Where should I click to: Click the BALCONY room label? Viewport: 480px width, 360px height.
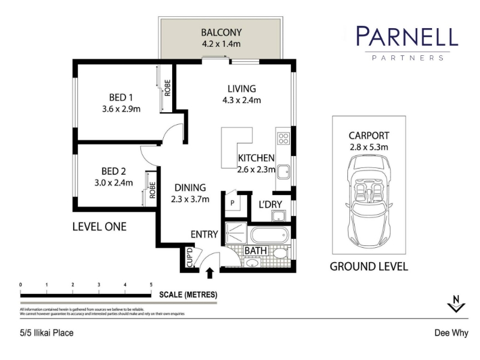pos(221,32)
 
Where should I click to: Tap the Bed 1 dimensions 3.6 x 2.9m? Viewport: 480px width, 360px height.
pos(121,109)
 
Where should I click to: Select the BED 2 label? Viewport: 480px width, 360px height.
pos(113,171)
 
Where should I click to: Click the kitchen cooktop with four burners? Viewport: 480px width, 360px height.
pos(283,138)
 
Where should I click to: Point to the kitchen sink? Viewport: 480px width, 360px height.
pos(283,172)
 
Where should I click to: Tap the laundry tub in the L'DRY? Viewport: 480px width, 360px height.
pos(278,216)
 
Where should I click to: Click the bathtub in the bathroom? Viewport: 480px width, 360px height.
pos(269,236)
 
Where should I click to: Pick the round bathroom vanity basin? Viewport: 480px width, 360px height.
pos(252,263)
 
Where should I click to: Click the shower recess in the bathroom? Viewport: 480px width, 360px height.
pos(236,233)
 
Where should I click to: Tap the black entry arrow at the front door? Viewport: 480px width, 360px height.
pos(209,273)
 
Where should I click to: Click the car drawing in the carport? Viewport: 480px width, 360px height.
pos(369,202)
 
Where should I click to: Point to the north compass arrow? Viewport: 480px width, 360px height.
pos(456,304)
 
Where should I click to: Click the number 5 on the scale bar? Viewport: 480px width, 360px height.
pos(151,284)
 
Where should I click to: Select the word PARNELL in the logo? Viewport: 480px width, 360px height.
pos(407,36)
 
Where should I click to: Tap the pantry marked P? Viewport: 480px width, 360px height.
pos(232,203)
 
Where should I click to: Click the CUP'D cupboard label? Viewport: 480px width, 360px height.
pos(190,257)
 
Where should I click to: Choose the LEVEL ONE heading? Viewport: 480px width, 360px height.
pos(100,227)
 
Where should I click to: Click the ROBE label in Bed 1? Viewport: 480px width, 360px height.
pos(167,88)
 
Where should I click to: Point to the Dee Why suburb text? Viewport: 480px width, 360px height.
pos(452,333)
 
